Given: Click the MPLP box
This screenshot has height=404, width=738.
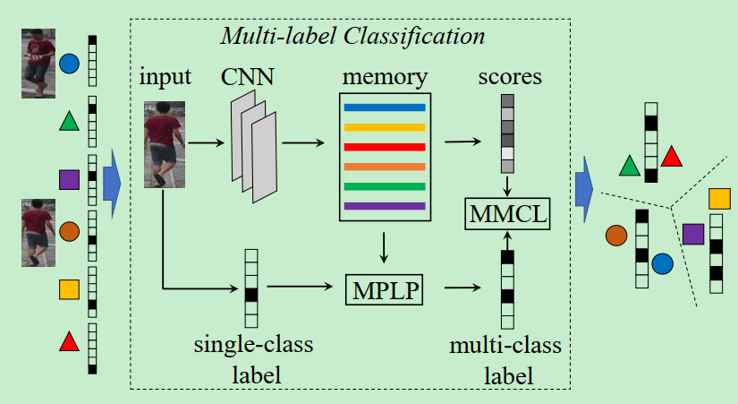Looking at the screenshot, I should [x=383, y=288].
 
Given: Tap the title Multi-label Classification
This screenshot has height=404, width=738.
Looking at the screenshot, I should [x=352, y=38].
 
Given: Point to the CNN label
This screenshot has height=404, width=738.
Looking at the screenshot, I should [x=248, y=76].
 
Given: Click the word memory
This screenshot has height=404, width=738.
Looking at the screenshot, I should [x=384, y=76].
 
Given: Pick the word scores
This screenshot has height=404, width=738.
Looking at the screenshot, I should [x=509, y=76].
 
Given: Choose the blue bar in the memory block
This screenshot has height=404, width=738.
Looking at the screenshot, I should [x=384, y=107].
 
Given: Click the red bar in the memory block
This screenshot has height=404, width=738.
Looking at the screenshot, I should [x=384, y=147].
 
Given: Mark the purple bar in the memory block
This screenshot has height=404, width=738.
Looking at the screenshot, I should [x=384, y=206].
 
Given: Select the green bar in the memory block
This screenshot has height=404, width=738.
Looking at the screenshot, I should [x=384, y=186].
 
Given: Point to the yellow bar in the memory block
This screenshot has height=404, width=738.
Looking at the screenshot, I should [x=384, y=127].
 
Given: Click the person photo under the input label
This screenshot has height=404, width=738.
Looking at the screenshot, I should [x=164, y=144].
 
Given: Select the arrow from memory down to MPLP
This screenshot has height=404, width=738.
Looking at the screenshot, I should [x=384, y=247].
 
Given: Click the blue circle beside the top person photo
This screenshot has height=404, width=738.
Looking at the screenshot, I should [x=69, y=64].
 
